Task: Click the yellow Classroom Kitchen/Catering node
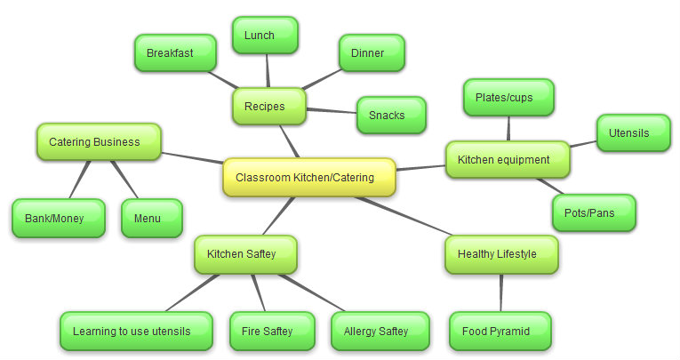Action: [308, 177]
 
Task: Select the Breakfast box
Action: [175, 53]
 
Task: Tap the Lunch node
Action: [265, 36]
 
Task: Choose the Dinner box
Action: [372, 53]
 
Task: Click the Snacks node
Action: [390, 116]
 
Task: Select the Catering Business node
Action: [99, 141]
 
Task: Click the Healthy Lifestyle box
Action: [501, 254]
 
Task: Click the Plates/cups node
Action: [508, 98]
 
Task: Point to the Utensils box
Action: [633, 133]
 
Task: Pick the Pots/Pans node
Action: [594, 213]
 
